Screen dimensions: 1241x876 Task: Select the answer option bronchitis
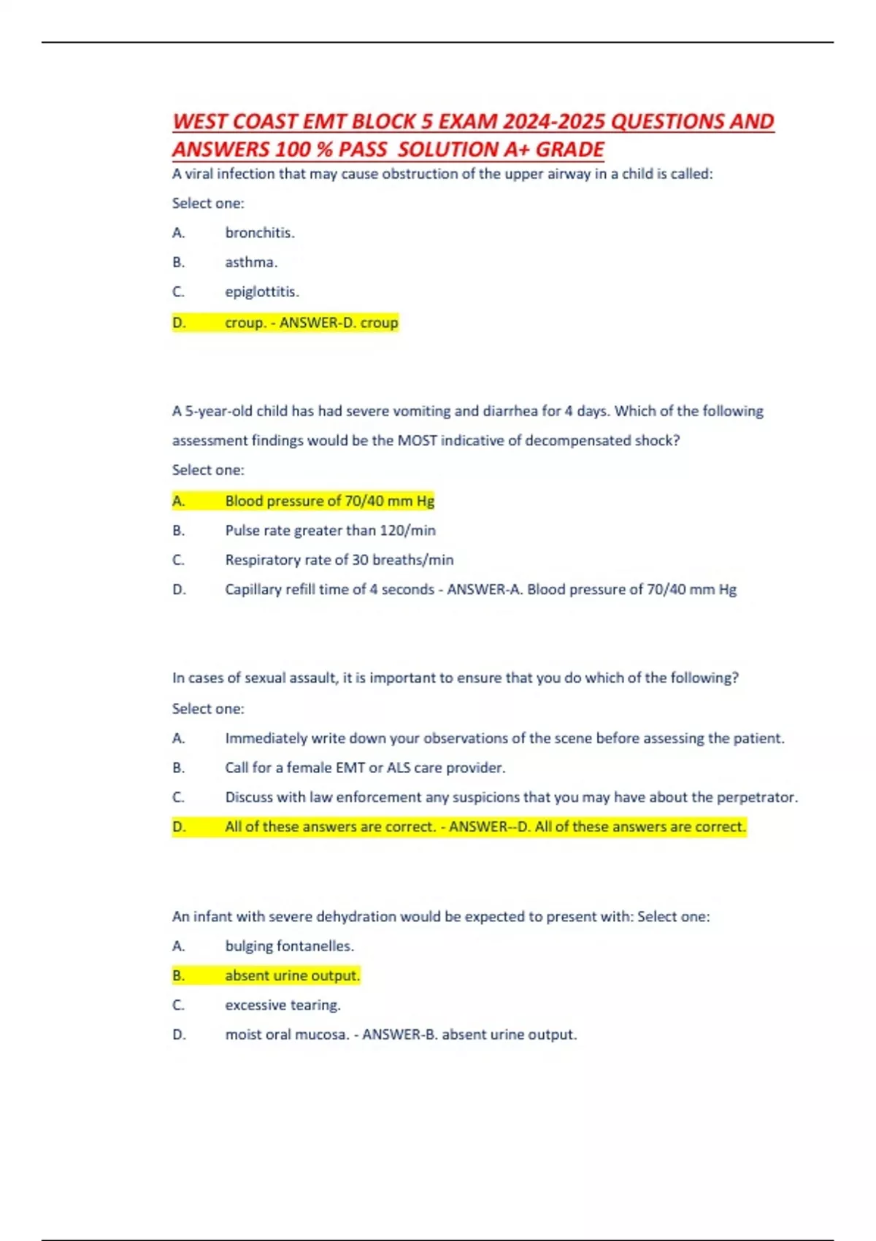coord(259,233)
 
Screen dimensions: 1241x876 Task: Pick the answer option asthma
coord(251,262)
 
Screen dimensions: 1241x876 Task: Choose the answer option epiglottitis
coord(261,292)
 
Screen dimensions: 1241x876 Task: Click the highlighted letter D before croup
coord(179,323)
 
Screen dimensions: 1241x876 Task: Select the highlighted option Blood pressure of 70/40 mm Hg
coord(329,501)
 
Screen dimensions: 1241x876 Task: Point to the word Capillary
coord(253,590)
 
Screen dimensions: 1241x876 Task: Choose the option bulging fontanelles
coord(289,946)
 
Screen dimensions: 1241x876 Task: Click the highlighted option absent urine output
coord(292,976)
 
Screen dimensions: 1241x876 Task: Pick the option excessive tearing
coord(283,1005)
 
